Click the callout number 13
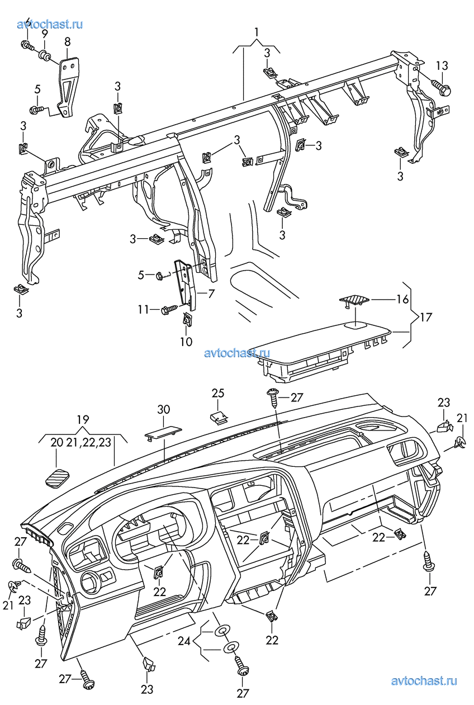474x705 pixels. point(442,65)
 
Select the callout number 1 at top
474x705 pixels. point(257,32)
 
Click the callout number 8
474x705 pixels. point(68,41)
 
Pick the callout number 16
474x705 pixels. point(402,300)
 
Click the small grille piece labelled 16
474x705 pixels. point(353,301)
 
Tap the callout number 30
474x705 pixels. point(163,410)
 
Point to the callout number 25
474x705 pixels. point(218,394)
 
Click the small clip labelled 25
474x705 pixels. point(219,417)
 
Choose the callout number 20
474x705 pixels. point(57,443)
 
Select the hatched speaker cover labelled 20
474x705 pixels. point(56,479)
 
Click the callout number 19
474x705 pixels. point(83,419)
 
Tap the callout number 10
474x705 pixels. point(186,341)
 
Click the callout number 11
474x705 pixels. point(143,309)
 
